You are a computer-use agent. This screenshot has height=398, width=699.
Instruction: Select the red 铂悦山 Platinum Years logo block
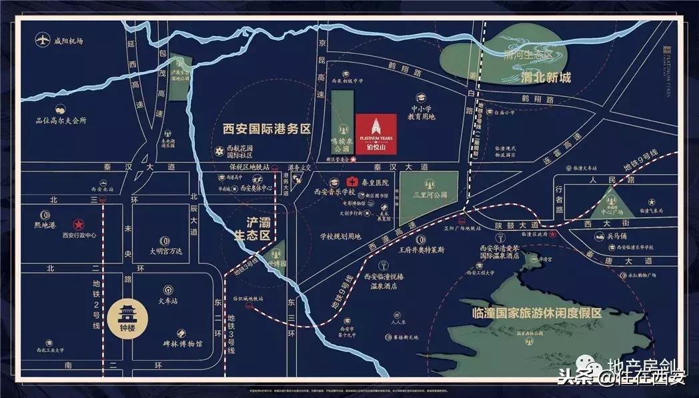[376, 133]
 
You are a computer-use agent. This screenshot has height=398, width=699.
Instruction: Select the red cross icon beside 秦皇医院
[352, 182]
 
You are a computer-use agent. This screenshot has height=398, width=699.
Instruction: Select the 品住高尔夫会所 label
[61, 121]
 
